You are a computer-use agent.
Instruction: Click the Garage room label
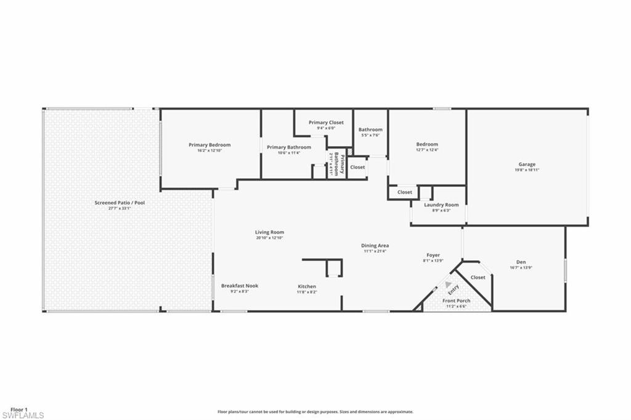tap(526, 164)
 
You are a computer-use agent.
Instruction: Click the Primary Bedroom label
tap(210, 145)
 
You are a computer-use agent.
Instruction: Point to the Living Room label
tap(269, 232)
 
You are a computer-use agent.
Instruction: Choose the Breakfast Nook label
tap(240, 286)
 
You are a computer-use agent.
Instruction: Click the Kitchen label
tap(307, 286)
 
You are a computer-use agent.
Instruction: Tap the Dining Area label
tap(375, 245)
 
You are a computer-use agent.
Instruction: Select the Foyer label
tap(433, 255)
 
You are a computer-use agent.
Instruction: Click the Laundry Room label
tap(441, 205)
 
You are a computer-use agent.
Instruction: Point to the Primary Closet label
tap(326, 123)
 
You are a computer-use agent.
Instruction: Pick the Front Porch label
tap(457, 301)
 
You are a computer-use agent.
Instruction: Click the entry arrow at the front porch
tap(448, 284)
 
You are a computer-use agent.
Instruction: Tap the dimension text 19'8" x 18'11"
tap(526, 170)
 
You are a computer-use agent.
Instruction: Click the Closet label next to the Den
tap(478, 278)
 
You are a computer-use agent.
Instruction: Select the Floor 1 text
tap(20, 410)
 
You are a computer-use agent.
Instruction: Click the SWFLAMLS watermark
tap(22, 416)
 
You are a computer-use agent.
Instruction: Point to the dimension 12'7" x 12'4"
tap(427, 150)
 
